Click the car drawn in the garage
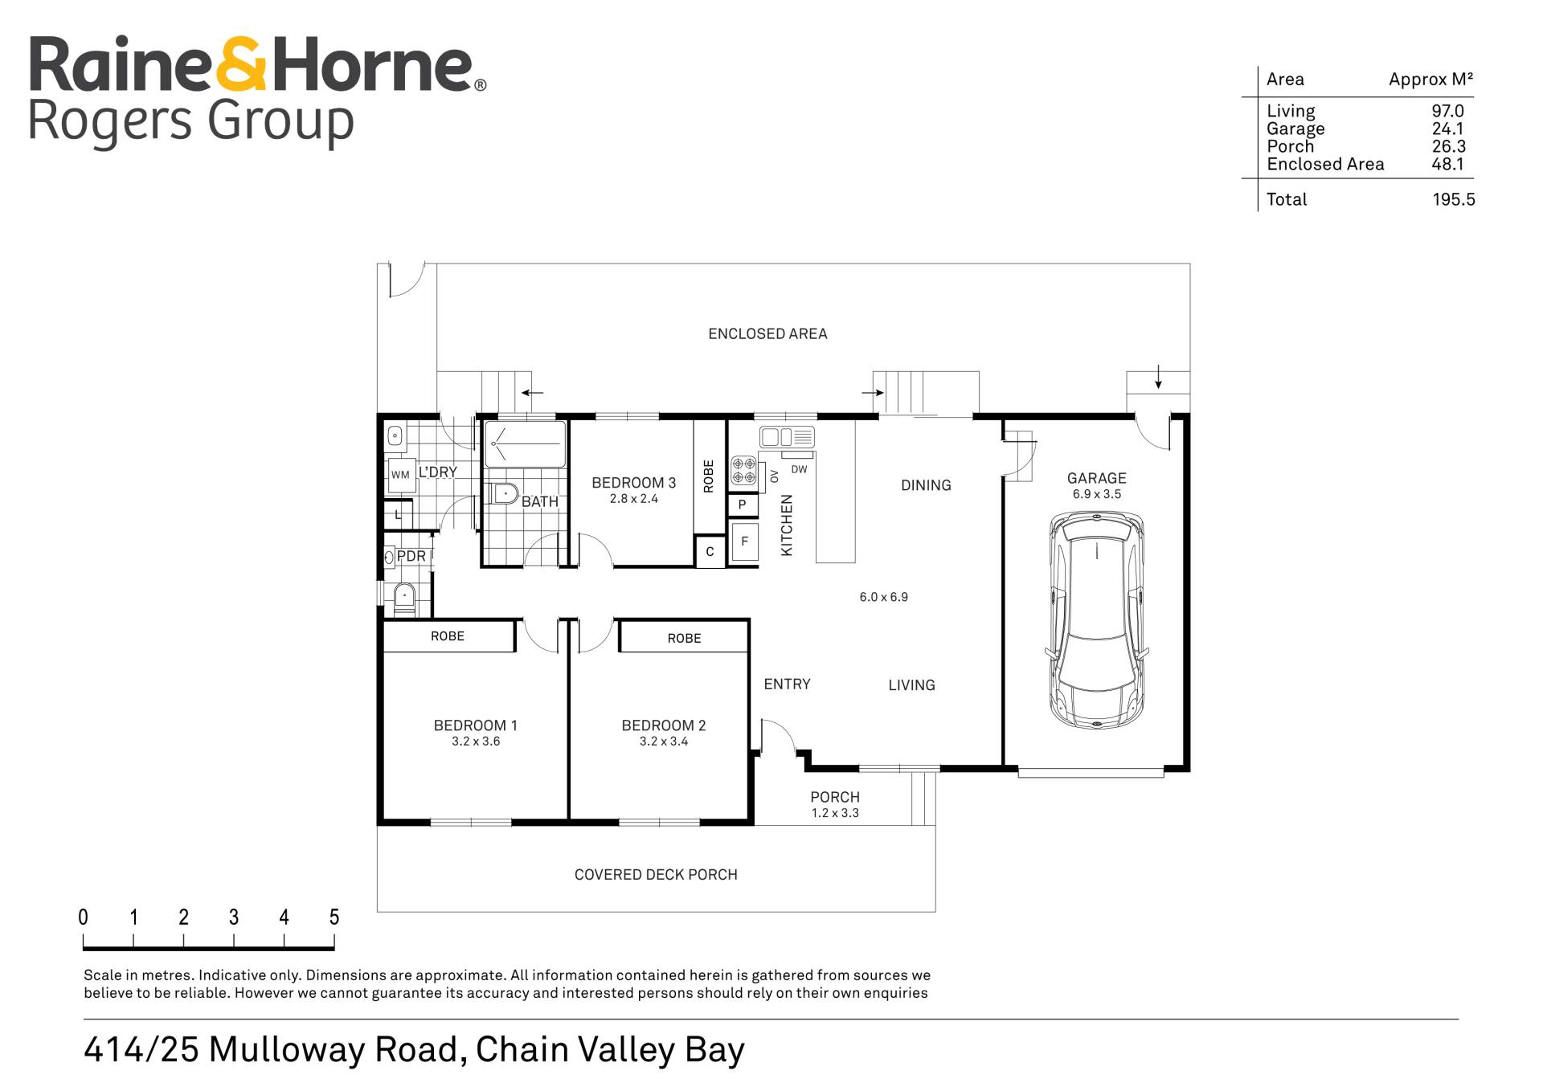click(x=1096, y=621)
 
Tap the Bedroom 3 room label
click(x=633, y=483)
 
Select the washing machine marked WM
click(x=400, y=475)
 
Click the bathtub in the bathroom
click(x=525, y=443)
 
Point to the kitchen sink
click(x=787, y=437)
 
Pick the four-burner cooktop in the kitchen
click(x=743, y=471)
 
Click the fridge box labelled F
click(x=744, y=542)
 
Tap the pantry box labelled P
click(x=743, y=505)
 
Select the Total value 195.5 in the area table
click(x=1453, y=199)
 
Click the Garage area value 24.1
click(x=1447, y=129)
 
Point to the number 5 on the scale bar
click(x=334, y=917)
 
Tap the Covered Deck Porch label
click(x=656, y=874)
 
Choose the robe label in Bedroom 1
click(x=448, y=636)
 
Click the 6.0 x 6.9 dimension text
click(x=883, y=597)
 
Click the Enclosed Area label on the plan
click(x=767, y=333)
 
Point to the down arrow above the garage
click(x=1158, y=377)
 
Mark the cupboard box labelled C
click(x=710, y=552)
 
